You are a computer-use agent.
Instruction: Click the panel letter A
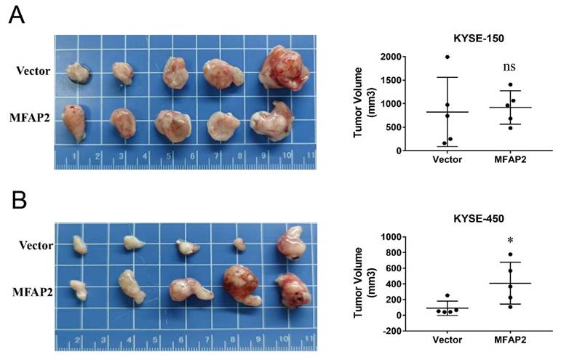coord(16,15)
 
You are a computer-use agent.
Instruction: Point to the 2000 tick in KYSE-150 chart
coord(390,57)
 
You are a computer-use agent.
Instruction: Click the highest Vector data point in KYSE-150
coord(447,57)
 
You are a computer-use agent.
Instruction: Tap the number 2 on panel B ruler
coord(77,340)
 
